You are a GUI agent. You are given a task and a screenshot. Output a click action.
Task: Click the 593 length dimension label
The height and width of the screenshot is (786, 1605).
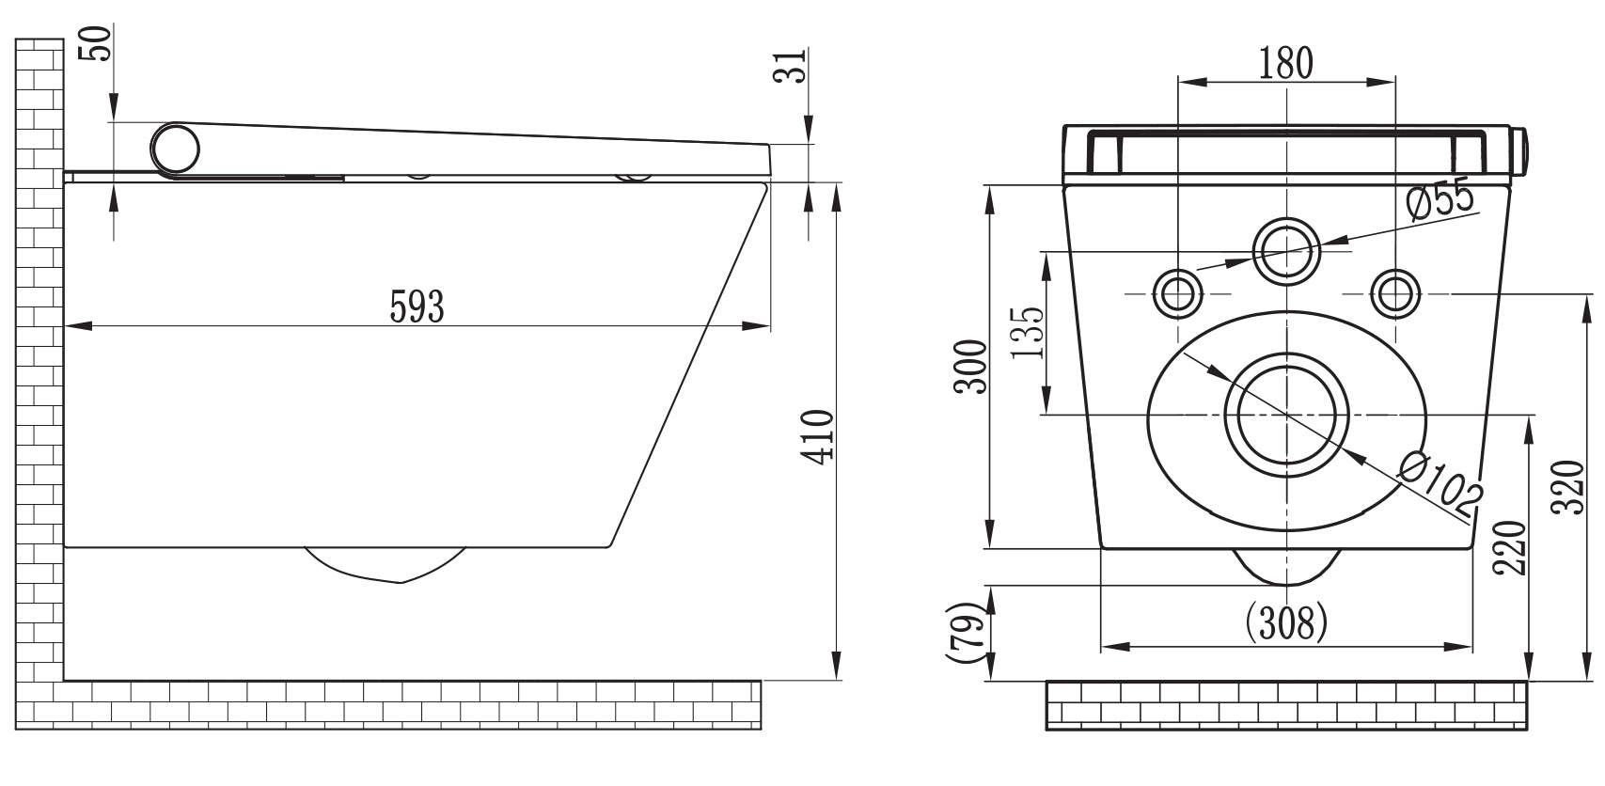pyautogui.click(x=417, y=307)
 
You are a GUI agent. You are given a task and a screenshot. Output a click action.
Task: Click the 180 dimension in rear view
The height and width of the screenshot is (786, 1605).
pyautogui.click(x=1285, y=62)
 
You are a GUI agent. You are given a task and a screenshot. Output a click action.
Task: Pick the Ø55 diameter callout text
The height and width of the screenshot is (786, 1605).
pyautogui.click(x=1440, y=200)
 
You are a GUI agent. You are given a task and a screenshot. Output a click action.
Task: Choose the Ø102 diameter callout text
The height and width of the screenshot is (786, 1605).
pyautogui.click(x=1440, y=485)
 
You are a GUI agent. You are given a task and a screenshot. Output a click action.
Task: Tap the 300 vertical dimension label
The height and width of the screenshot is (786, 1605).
pyautogui.click(x=971, y=368)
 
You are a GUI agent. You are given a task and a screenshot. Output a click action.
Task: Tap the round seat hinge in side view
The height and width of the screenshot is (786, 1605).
pyautogui.click(x=176, y=149)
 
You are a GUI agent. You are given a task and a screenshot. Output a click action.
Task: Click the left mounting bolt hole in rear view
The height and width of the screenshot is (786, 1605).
pyautogui.click(x=1177, y=293)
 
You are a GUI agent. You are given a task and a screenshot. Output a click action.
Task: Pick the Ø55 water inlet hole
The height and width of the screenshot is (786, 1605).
pyautogui.click(x=1285, y=251)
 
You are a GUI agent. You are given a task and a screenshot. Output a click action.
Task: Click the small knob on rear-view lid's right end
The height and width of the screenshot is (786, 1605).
pyautogui.click(x=1523, y=151)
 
